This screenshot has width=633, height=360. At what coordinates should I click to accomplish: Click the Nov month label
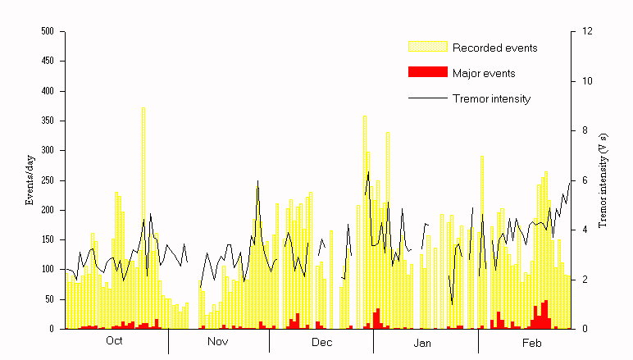pyautogui.click(x=218, y=342)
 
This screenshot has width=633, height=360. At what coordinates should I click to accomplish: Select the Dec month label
pyautogui.click(x=321, y=342)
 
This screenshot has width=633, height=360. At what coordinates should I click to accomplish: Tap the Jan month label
pyautogui.click(x=423, y=342)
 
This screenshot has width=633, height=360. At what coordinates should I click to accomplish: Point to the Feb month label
pyautogui.click(x=525, y=342)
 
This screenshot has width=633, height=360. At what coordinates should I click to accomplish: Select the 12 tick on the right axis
pyautogui.click(x=587, y=31)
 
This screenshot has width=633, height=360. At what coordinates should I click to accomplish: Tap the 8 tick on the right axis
pyautogui.click(x=585, y=130)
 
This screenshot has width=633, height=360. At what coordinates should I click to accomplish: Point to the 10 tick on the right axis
pyautogui.click(x=587, y=81)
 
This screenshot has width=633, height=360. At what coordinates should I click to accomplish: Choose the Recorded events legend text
pyautogui.click(x=494, y=48)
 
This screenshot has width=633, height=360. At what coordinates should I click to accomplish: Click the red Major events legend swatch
pyautogui.click(x=427, y=73)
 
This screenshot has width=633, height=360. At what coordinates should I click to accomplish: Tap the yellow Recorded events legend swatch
pyautogui.click(x=427, y=47)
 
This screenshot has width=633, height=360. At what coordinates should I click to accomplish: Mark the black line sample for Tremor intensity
pyautogui.click(x=427, y=99)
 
